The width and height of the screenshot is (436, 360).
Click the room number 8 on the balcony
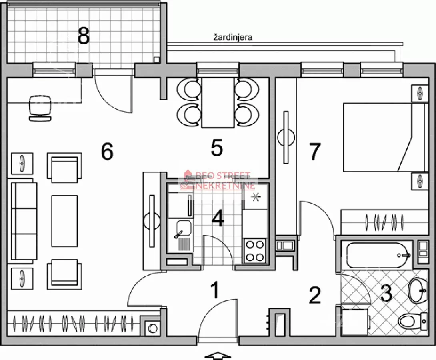84,36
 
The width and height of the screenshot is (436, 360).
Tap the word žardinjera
233,37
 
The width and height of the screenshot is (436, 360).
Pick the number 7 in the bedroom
315,152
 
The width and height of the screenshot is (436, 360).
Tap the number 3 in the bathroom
386,294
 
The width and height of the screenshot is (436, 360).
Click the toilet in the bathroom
413,321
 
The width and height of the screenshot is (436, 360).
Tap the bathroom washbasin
417,291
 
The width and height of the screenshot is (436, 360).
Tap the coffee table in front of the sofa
64,221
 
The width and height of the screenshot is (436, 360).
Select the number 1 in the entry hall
215,290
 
